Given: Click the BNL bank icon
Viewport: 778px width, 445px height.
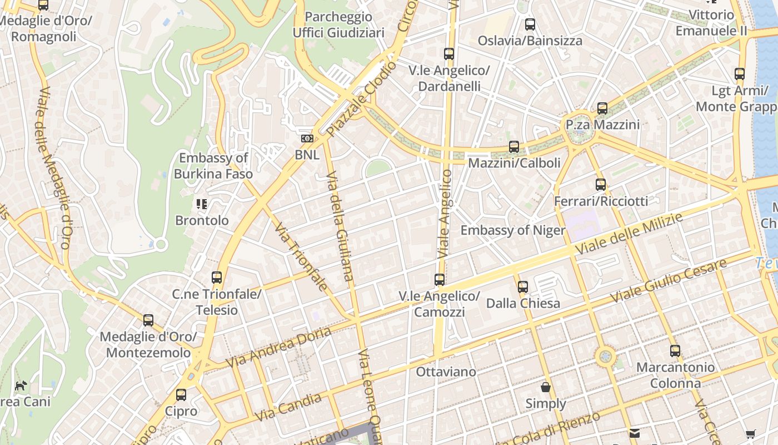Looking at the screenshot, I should (x=307, y=139).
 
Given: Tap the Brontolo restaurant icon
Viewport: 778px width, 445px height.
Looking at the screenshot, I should (x=202, y=204).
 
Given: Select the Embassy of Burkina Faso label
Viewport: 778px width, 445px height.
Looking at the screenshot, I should (x=213, y=166).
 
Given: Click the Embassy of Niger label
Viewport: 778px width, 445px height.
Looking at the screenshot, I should (x=512, y=230).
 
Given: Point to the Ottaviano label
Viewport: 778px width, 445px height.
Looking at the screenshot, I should (x=446, y=372).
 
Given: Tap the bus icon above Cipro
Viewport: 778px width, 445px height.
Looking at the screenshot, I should (x=181, y=395).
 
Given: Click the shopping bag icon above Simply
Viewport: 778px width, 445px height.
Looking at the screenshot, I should (x=546, y=387).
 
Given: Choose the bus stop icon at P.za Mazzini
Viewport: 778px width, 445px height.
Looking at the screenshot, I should (x=602, y=108).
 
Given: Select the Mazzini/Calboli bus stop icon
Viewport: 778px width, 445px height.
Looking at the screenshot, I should (x=514, y=147).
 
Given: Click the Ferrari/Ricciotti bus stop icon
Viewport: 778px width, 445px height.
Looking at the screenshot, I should (x=601, y=185).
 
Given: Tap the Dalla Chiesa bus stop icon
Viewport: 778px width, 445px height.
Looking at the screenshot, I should (x=523, y=287).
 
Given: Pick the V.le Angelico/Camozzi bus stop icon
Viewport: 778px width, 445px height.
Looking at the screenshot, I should (x=440, y=280).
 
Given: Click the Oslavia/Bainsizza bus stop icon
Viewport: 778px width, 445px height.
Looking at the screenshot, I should (x=530, y=24).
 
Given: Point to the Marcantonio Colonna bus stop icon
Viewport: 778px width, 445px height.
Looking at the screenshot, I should (x=675, y=351).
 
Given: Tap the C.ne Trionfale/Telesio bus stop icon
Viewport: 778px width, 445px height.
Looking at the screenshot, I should (x=217, y=278).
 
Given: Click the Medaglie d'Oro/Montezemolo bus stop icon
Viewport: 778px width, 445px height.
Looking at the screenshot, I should (x=148, y=320).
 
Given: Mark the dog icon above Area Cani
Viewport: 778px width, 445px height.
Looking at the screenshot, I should (x=21, y=385).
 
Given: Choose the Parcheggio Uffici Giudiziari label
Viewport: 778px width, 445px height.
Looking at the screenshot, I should (x=338, y=25).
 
